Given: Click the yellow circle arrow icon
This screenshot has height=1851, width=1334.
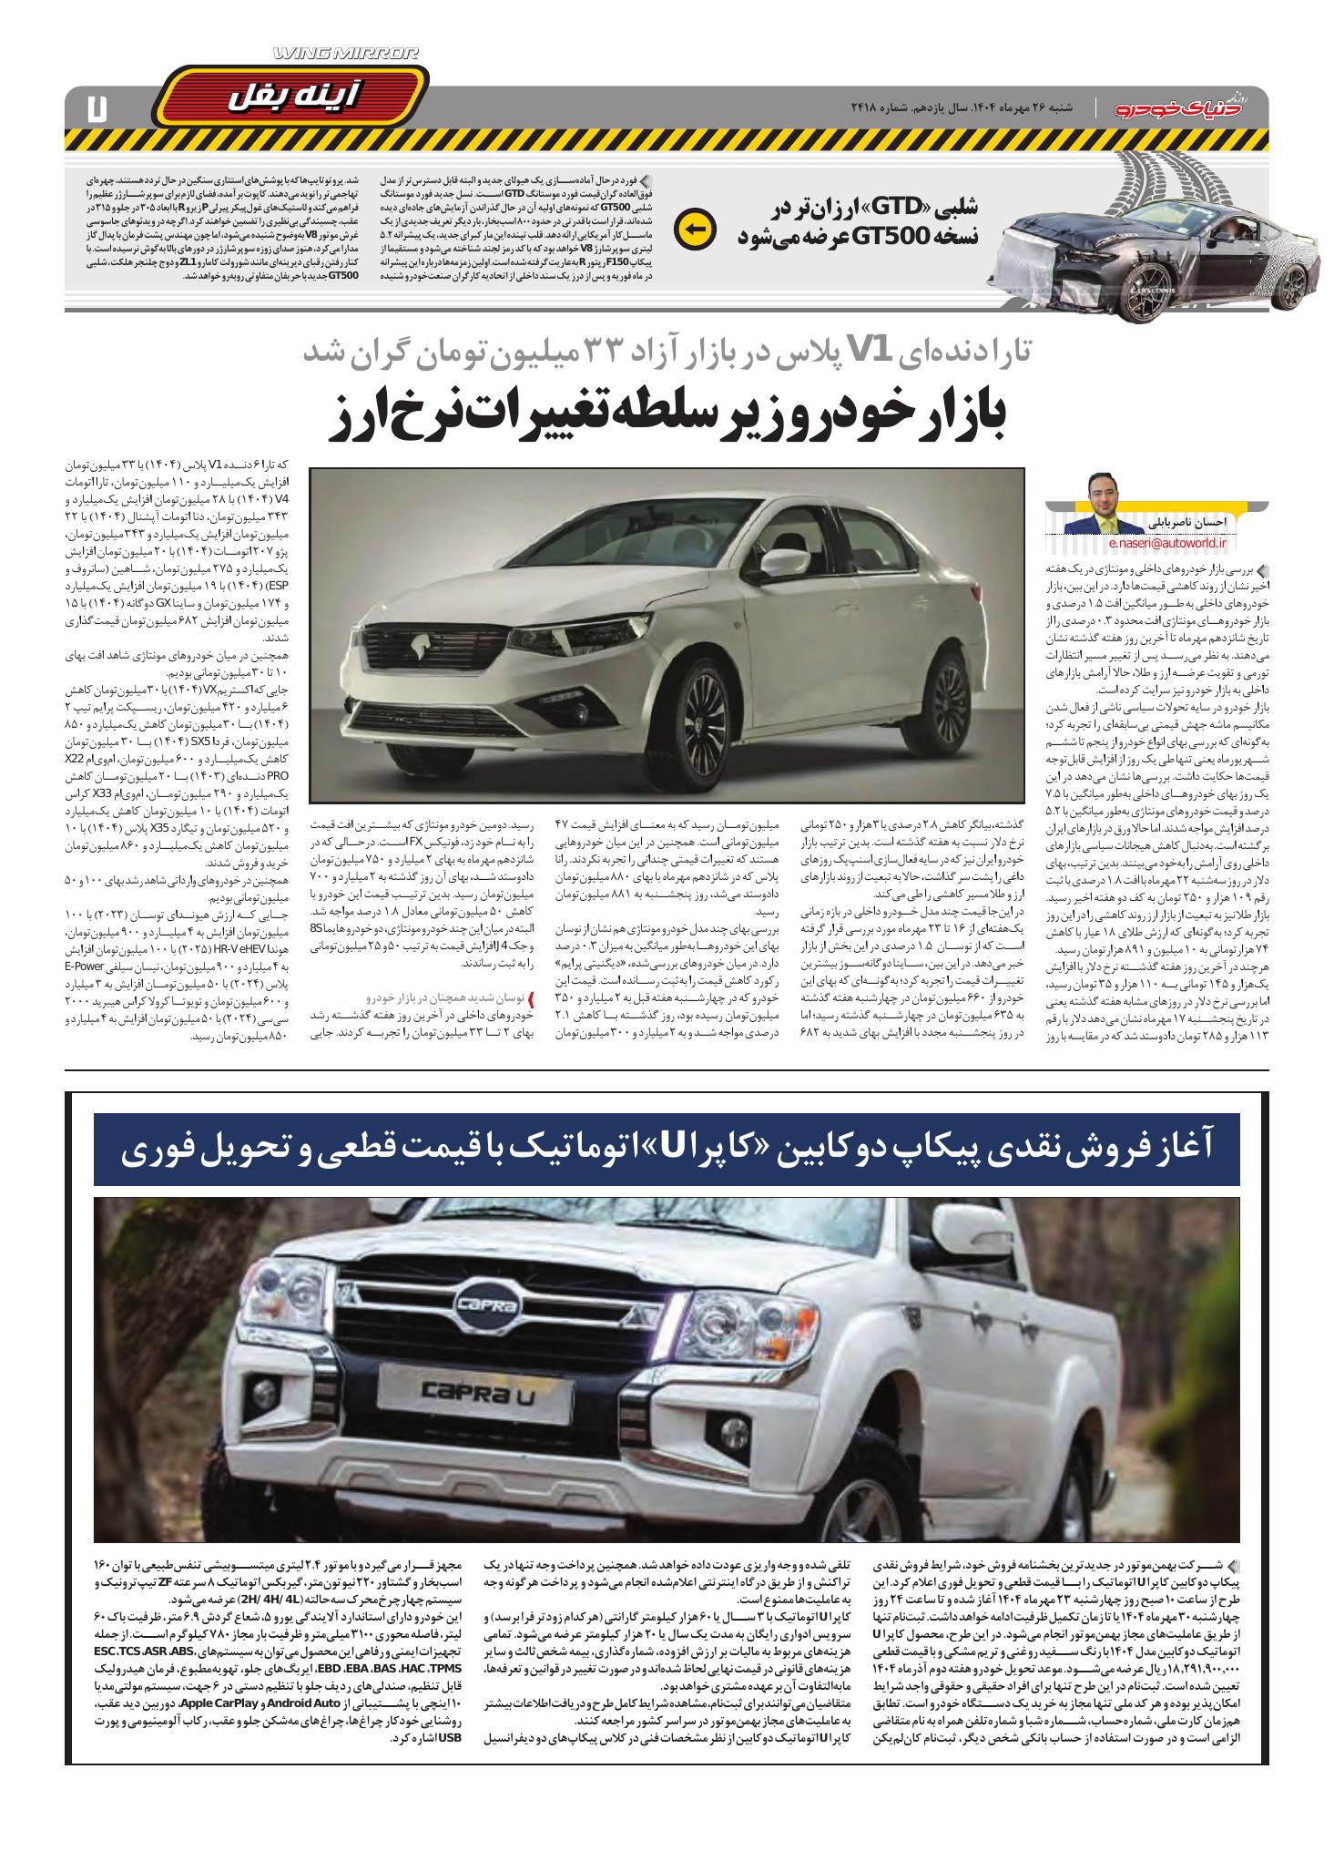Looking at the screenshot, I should click(x=692, y=229).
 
